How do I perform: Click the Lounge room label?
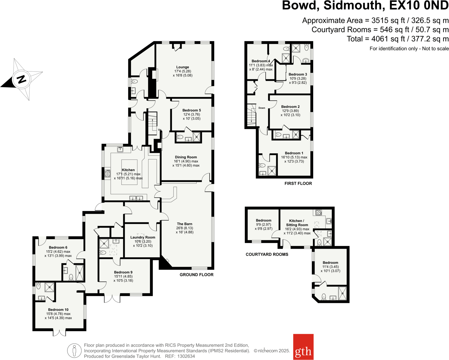pyautogui.click(x=183, y=67)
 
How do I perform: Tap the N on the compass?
pyautogui.click(x=22, y=79)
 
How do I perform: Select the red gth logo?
pyautogui.click(x=303, y=347)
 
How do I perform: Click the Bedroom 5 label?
pyautogui.click(x=192, y=110)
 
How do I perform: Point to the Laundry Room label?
pyautogui.click(x=143, y=237)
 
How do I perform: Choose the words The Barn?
pyautogui.click(x=184, y=224)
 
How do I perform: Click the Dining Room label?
pyautogui.click(x=186, y=157)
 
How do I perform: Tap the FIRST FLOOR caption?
pyautogui.click(x=298, y=183)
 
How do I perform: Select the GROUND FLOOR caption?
pyautogui.click(x=196, y=274)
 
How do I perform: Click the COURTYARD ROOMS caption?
pyautogui.click(x=267, y=254)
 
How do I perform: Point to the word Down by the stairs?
pyautogui.click(x=262, y=108)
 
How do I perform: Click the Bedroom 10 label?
pyautogui.click(x=58, y=310)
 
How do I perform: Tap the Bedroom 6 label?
pyautogui.click(x=58, y=247)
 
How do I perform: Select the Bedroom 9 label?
pyautogui.click(x=123, y=272)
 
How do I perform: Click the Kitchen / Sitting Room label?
pyautogui.click(x=297, y=223)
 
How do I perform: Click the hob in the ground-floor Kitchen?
pyautogui.click(x=107, y=173)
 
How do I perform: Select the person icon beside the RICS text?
pyautogui.click(x=74, y=350)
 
